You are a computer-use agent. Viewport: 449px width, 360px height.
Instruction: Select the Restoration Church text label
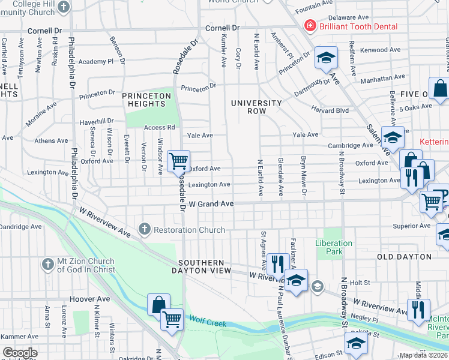(x=189, y=230)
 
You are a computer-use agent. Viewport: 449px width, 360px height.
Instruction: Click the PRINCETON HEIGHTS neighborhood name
(x=147, y=100)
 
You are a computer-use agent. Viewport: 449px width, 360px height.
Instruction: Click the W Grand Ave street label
(x=211, y=204)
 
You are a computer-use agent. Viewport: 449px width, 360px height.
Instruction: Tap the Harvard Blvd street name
(x=330, y=110)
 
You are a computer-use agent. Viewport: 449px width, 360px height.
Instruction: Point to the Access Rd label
(x=159, y=127)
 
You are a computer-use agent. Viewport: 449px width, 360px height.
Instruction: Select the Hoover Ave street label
(x=89, y=299)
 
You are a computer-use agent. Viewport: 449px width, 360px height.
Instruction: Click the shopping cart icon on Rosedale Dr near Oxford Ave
(x=178, y=161)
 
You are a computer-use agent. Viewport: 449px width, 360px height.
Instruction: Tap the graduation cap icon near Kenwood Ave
(x=326, y=58)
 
